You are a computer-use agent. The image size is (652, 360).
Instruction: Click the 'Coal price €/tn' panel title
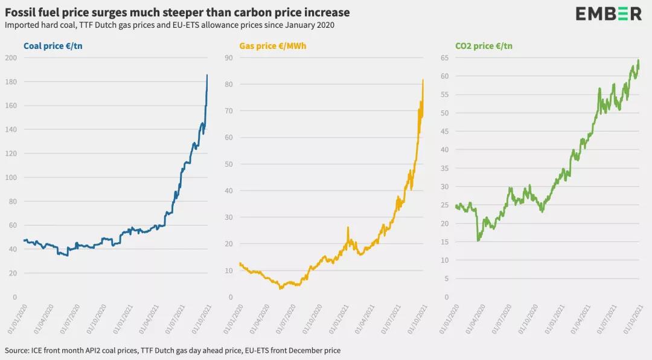[53, 46]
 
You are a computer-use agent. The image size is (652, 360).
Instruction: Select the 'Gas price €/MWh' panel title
[273, 46]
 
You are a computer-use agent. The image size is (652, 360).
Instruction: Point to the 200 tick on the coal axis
[11, 58]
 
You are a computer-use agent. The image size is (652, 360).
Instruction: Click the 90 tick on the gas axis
[229, 58]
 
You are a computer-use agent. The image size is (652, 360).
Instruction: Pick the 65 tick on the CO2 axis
[444, 58]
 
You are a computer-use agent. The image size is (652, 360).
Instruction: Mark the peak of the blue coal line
[207, 75]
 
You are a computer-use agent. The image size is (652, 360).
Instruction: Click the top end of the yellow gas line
[423, 80]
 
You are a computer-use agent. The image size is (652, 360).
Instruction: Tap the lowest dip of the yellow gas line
[280, 289]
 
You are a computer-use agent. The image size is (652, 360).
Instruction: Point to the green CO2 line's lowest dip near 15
[478, 241]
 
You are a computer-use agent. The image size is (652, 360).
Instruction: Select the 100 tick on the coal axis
[11, 178]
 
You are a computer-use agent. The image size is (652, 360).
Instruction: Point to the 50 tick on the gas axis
[229, 164]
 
